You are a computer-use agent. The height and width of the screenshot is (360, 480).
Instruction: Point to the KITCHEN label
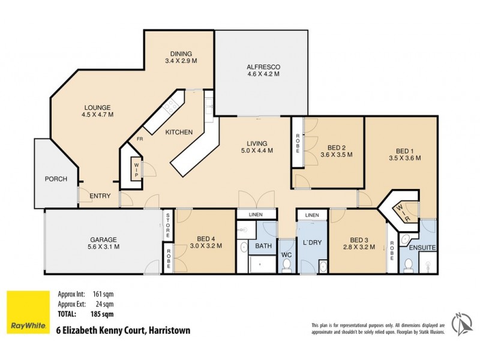pyautogui.click(x=179, y=132)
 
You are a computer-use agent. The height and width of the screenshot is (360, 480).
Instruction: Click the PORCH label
pyautogui.click(x=56, y=179)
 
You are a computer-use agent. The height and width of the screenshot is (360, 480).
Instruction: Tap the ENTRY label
pyautogui.click(x=100, y=196)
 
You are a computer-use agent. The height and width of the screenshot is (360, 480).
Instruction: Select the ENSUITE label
pyautogui.click(x=422, y=247)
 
